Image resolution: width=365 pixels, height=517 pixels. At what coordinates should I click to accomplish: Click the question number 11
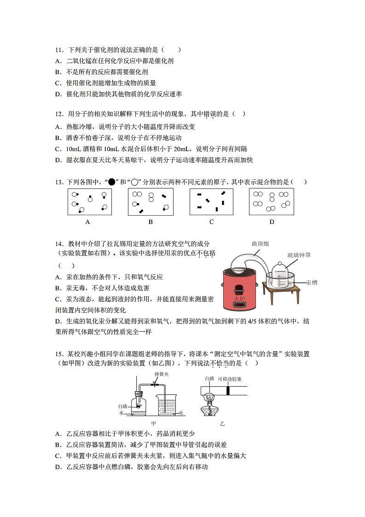pos(58,50)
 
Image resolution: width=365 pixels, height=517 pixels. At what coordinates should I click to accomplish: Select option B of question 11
pos(101,72)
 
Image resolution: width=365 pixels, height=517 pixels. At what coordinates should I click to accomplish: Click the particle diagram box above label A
pos(89,202)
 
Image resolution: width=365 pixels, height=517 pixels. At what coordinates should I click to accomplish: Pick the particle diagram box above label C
pos(211,202)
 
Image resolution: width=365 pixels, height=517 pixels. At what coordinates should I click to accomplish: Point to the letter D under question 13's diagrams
pos(272,222)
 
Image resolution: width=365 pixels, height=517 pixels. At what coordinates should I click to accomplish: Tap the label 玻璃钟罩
pos(299,255)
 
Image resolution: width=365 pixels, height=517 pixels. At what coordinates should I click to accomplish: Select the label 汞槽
pos(312,282)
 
